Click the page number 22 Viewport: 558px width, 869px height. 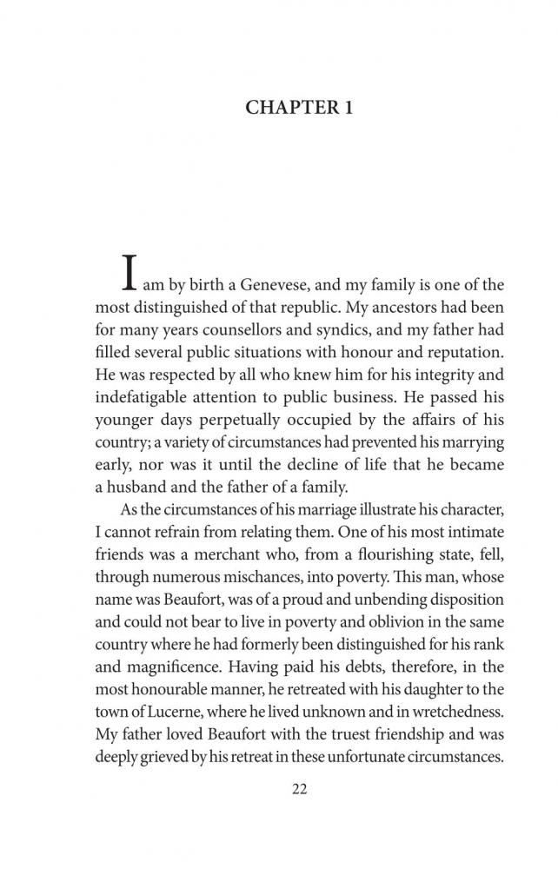(278, 789)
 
